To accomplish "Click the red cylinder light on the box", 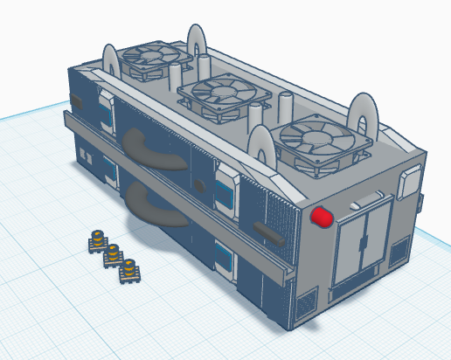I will click(x=322, y=215).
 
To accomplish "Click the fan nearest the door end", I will click(x=316, y=139).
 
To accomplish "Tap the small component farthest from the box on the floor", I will click(x=96, y=240).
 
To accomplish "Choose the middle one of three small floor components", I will click(x=113, y=255).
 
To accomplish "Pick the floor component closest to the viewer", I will click(x=128, y=271).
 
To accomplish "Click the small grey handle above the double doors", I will click(x=360, y=202).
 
